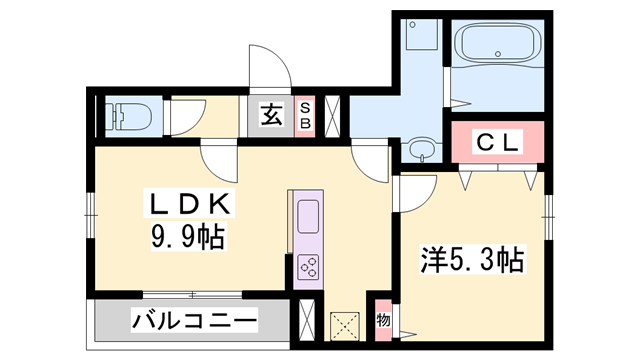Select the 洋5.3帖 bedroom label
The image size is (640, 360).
click(x=471, y=262)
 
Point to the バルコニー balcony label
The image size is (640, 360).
click(x=194, y=322)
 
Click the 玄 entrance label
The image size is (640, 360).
click(x=271, y=114)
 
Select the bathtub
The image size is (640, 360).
click(x=498, y=43)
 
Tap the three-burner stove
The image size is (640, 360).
click(x=308, y=267)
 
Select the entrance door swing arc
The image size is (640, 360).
click(x=268, y=68)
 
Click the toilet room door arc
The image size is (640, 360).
click(x=186, y=118)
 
